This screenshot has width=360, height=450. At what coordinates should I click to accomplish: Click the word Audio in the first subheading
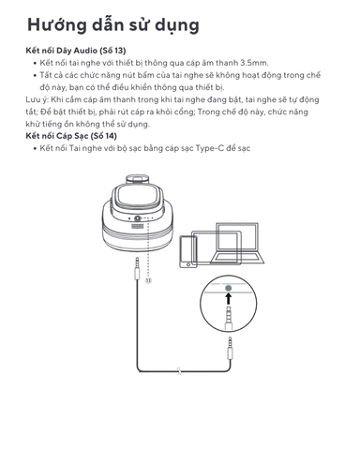85,51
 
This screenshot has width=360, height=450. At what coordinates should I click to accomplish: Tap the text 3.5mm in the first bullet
254,63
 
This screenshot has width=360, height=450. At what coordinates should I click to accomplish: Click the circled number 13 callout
148,280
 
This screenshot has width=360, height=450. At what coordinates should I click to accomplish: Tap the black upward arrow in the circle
229,298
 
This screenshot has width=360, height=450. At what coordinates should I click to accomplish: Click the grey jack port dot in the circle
229,288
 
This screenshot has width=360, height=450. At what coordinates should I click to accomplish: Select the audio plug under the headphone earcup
137,268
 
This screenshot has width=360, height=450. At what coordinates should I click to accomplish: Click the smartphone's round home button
188,264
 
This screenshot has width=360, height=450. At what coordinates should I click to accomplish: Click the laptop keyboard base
237,258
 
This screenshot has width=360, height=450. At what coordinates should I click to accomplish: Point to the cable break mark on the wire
179,371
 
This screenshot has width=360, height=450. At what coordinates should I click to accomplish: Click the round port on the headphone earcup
137,218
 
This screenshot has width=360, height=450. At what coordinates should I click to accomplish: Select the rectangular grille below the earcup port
137,226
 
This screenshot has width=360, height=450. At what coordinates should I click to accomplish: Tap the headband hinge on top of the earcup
137,180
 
